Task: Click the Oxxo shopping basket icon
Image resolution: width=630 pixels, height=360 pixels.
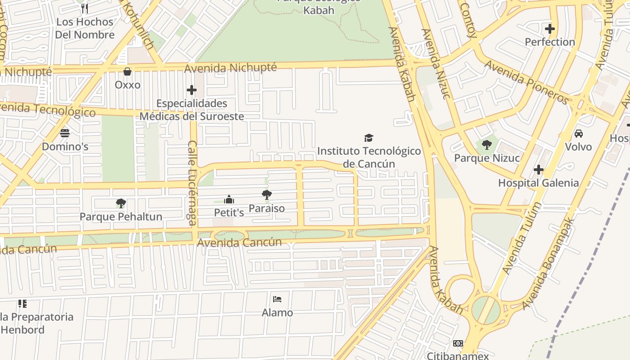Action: [x=127, y=72]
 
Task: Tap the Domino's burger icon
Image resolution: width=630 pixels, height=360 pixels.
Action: [x=65, y=133]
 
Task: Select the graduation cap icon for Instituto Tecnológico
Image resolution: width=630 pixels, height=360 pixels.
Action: [x=369, y=138]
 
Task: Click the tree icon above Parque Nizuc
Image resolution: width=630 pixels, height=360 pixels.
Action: [x=486, y=145]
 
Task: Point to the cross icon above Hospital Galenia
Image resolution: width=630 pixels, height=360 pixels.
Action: [x=538, y=170]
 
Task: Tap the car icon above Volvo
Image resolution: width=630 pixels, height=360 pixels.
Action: [x=578, y=134]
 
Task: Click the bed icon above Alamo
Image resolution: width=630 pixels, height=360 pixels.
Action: [x=277, y=299]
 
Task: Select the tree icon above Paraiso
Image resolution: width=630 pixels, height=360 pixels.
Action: [x=266, y=195]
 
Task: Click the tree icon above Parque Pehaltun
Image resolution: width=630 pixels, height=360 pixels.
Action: [x=121, y=203]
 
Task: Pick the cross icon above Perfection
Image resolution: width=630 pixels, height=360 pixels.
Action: [x=549, y=29]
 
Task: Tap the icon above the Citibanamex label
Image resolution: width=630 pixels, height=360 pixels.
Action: [x=458, y=343]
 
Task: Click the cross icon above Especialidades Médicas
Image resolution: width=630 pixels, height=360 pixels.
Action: [x=192, y=90]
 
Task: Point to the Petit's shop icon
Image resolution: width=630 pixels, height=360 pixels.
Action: [x=229, y=199]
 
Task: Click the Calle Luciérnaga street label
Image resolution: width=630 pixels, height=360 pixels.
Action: [x=192, y=183]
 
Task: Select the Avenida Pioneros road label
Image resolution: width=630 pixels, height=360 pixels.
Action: [x=526, y=82]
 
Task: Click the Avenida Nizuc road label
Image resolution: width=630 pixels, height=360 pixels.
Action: [x=435, y=63]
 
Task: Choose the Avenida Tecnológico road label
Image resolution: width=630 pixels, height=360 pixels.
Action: [x=45, y=109]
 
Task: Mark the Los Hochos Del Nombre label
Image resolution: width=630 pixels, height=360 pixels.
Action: [x=85, y=28]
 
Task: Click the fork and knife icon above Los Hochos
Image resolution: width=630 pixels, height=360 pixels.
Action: [x=84, y=8]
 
